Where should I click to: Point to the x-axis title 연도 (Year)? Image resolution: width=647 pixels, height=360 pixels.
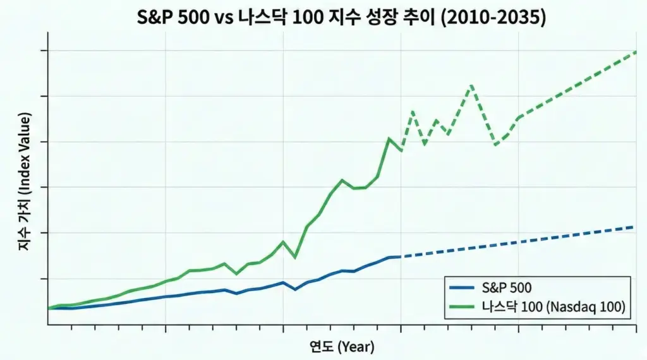[342, 346]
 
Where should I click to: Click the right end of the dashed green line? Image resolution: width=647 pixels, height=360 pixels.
[636, 51]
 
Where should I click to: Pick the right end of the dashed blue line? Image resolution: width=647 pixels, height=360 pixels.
[634, 226]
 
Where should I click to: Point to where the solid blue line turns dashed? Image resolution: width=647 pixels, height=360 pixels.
[401, 256]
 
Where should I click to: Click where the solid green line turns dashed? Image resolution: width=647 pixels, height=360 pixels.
[401, 150]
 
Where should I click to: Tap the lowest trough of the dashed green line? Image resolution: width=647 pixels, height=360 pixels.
[496, 145]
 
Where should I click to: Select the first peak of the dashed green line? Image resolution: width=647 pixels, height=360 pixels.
[413, 112]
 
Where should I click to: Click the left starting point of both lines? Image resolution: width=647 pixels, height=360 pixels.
[49, 308]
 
